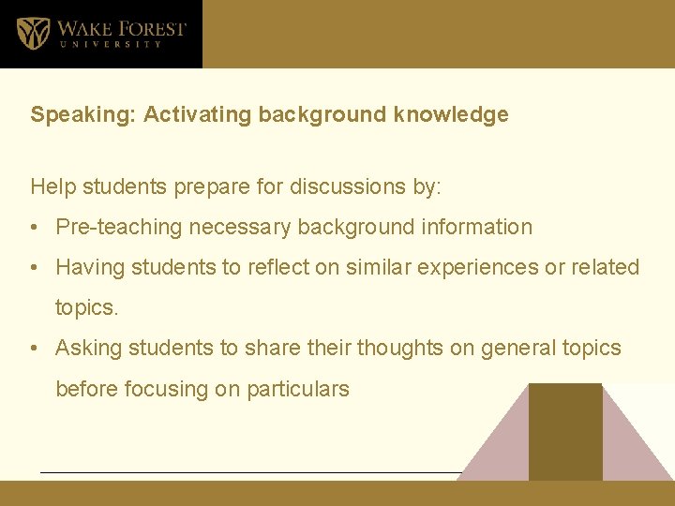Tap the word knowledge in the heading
[x=451, y=115]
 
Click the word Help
[x=52, y=186]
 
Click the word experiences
[x=472, y=268]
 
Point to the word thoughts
[x=415, y=349]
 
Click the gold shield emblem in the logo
[x=34, y=33]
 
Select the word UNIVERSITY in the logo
[x=111, y=44]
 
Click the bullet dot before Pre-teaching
[x=34, y=228]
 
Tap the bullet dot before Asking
[x=34, y=349]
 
